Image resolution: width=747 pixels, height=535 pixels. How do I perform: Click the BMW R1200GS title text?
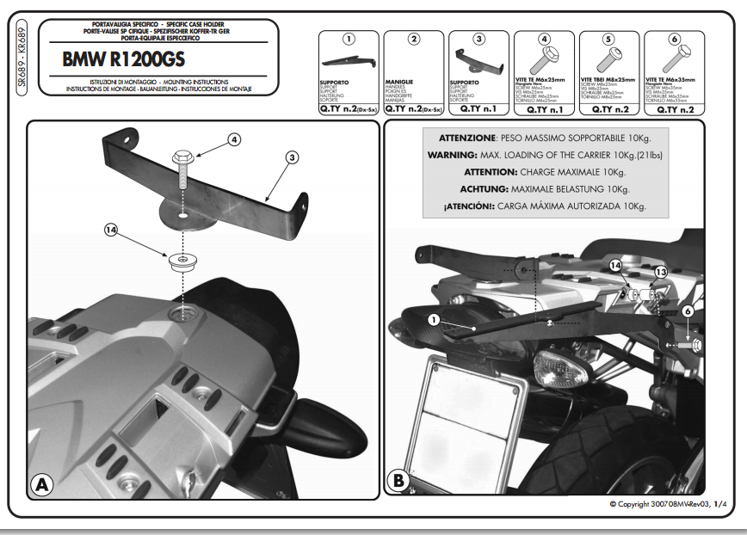tap(128, 60)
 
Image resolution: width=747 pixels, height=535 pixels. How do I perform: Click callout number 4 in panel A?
tap(235, 138)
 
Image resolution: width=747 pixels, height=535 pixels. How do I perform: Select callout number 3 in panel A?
tap(293, 157)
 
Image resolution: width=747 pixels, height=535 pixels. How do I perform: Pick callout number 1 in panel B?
tap(433, 319)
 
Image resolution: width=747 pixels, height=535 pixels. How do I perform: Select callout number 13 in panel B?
tap(660, 272)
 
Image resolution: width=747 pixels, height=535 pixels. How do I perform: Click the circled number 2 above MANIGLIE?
tap(414, 39)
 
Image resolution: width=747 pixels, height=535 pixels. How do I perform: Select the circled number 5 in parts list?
tap(608, 39)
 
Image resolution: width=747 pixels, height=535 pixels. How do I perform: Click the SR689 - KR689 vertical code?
tap(22, 60)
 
